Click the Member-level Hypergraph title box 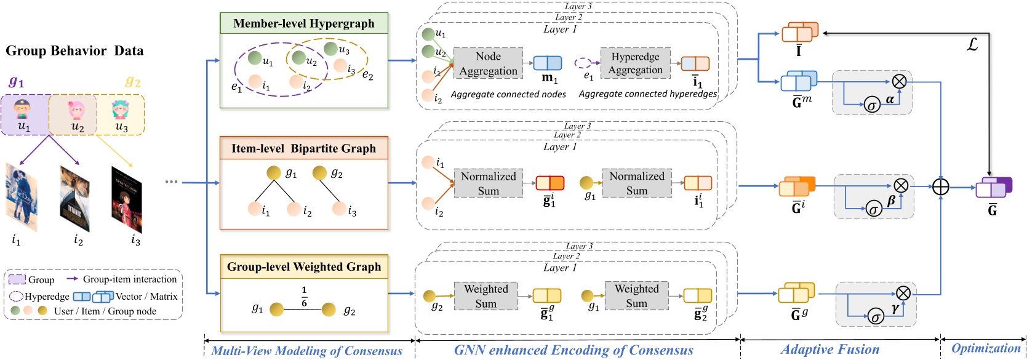[304, 23]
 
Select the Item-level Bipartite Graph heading [303, 148]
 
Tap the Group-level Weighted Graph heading [304, 266]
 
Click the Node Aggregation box [488, 63]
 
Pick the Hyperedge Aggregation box [635, 63]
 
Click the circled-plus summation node [941, 186]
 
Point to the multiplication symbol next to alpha [899, 81]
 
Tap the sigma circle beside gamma [875, 317]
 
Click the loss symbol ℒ [972, 44]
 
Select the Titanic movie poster [75, 198]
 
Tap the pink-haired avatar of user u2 [77, 110]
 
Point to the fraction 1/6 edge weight [304, 297]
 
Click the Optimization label [986, 348]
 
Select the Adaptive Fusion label [830, 350]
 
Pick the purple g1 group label [16, 81]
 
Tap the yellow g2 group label [133, 81]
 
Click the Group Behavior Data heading [74, 51]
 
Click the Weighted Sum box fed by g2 [486, 296]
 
